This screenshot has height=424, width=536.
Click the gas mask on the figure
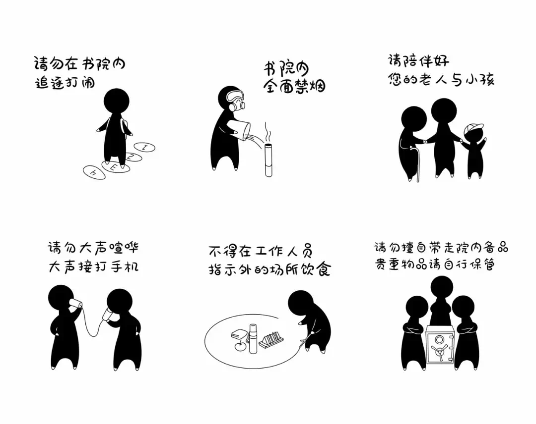(235, 100)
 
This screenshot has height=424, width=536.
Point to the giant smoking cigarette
(268, 160)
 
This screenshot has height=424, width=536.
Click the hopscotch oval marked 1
(144, 147)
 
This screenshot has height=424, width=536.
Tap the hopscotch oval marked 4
(94, 172)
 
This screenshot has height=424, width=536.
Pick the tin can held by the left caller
(75, 304)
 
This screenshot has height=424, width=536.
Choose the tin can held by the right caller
(109, 315)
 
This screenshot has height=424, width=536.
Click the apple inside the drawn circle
(241, 346)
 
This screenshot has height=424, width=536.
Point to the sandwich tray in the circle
(272, 340)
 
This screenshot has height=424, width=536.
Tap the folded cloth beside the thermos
(239, 334)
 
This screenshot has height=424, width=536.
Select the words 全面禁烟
(294, 86)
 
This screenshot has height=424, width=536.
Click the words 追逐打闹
(65, 83)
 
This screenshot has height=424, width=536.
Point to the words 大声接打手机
(93, 267)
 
